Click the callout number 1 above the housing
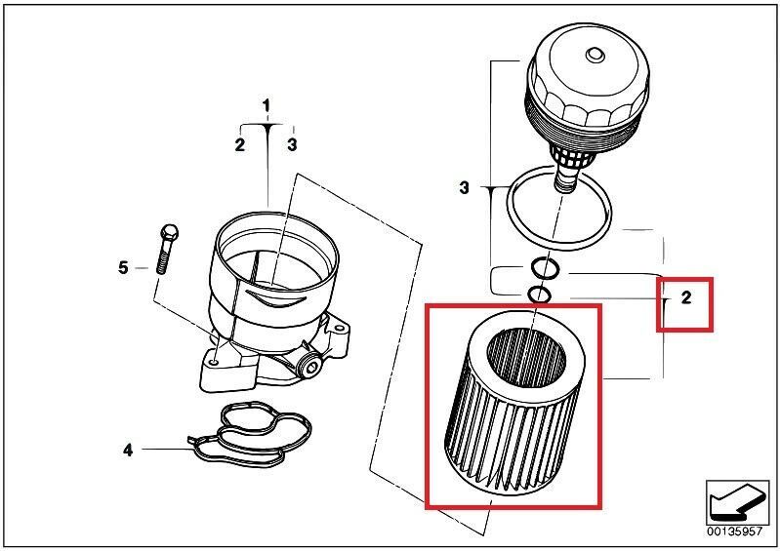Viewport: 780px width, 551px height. (x=267, y=104)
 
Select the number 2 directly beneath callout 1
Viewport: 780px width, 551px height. (x=239, y=145)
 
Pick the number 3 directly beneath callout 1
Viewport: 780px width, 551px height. (x=292, y=145)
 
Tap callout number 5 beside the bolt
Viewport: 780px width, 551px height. (x=124, y=267)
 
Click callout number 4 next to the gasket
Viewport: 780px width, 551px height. (x=127, y=450)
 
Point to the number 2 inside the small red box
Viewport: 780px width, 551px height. (x=686, y=298)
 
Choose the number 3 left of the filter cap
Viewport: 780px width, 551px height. (x=464, y=186)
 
